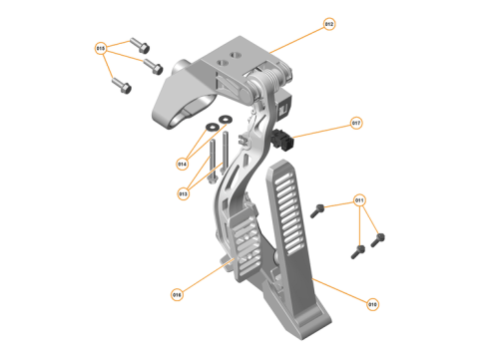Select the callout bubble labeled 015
100,48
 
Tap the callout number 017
356,125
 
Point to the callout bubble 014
183,163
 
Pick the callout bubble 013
184,193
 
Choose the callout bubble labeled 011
360,201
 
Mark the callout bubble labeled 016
177,294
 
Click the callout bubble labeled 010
372,304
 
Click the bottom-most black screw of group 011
357,249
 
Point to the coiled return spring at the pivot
266,79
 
